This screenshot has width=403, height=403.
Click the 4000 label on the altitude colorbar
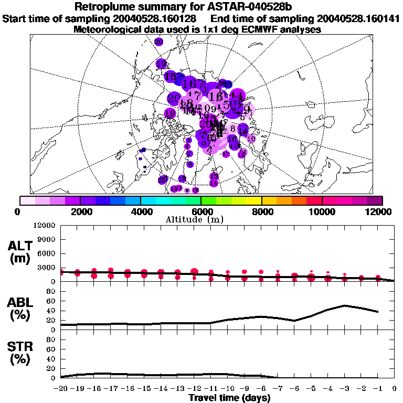[140, 211]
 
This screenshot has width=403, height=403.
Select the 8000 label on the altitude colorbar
[261, 211]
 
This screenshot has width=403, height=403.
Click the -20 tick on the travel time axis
[61, 388]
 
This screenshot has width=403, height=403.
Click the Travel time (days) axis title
[229, 398]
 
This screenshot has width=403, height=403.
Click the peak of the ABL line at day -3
[344, 305]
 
